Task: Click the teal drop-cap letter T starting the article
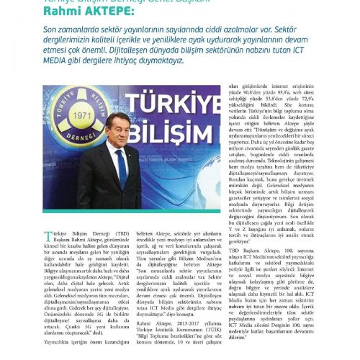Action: [x=48, y=257]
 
